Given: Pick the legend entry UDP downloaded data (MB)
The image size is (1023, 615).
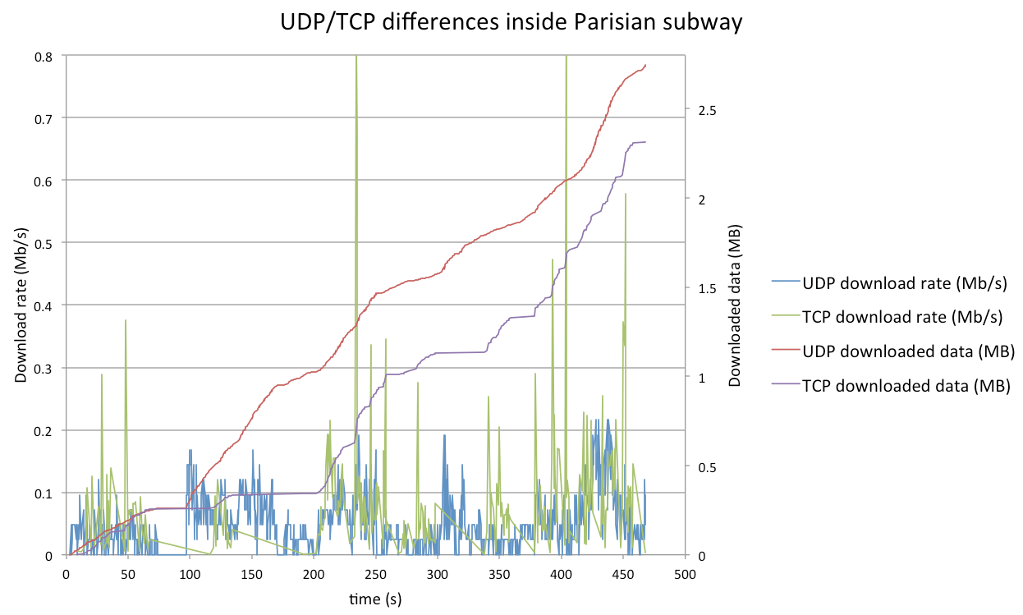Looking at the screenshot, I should pyautogui.click(x=908, y=351).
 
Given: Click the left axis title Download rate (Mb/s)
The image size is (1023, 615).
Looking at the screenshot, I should pyautogui.click(x=22, y=305).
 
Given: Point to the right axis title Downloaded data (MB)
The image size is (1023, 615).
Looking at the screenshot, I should pyautogui.click(x=736, y=305).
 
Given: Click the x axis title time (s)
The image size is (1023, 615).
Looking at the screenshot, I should pyautogui.click(x=374, y=599).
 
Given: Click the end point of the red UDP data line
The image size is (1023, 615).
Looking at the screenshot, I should pyautogui.click(x=646, y=65).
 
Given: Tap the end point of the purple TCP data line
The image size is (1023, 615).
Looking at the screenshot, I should pyautogui.click(x=645, y=142).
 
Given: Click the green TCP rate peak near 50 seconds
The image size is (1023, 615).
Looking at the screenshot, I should pyautogui.click(x=126, y=320).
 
